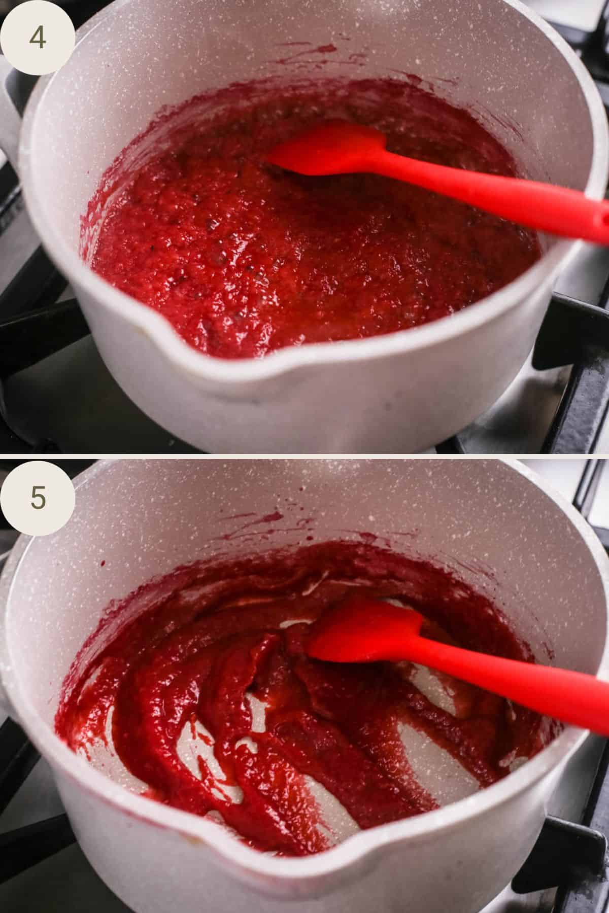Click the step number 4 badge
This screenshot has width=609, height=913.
click(x=37, y=38)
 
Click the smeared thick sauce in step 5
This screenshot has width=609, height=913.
click(x=203, y=710)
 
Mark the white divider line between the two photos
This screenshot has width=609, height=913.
click(x=304, y=456)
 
